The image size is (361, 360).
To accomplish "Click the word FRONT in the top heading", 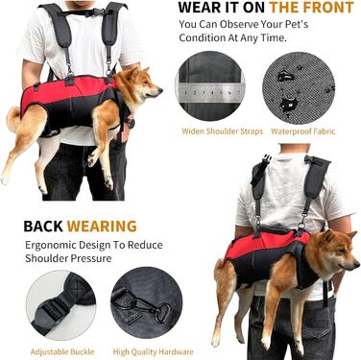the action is point(325,7).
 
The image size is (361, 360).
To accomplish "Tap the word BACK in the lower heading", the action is point(43,227).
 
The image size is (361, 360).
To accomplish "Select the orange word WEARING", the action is point(102,227).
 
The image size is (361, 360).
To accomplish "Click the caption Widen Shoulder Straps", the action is point(222,132).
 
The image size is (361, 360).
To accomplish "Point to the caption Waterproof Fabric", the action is point(302,132).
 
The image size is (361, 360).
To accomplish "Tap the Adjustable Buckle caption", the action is point(62,352).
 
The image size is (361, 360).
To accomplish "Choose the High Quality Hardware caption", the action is point(153,352).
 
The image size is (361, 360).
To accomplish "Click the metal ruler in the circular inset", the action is point(210,93).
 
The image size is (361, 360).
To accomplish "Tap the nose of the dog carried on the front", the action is point(160,90).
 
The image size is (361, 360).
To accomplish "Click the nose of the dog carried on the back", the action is point(357,265).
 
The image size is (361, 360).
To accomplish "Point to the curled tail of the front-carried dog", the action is point(14,118).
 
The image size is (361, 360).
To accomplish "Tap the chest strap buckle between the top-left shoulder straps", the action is point(91,12).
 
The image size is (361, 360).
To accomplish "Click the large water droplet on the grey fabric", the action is point(288,103).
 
